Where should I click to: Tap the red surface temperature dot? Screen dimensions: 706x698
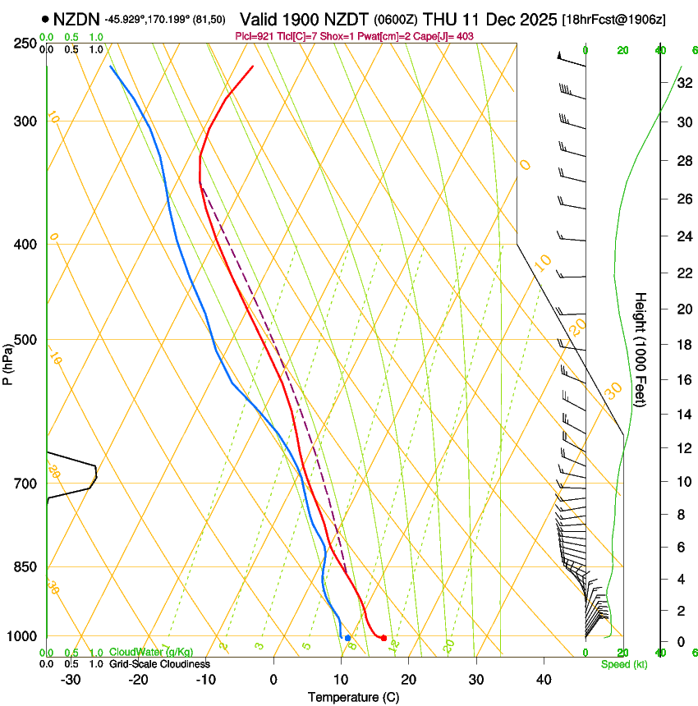click(383, 638)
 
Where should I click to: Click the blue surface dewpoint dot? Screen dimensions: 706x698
click(348, 638)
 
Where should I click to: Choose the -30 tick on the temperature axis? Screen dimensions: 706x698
click(70, 680)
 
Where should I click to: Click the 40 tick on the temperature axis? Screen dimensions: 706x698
click(544, 680)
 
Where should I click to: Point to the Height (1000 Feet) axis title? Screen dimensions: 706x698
click(641, 349)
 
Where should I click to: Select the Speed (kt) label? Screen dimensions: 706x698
click(623, 664)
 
